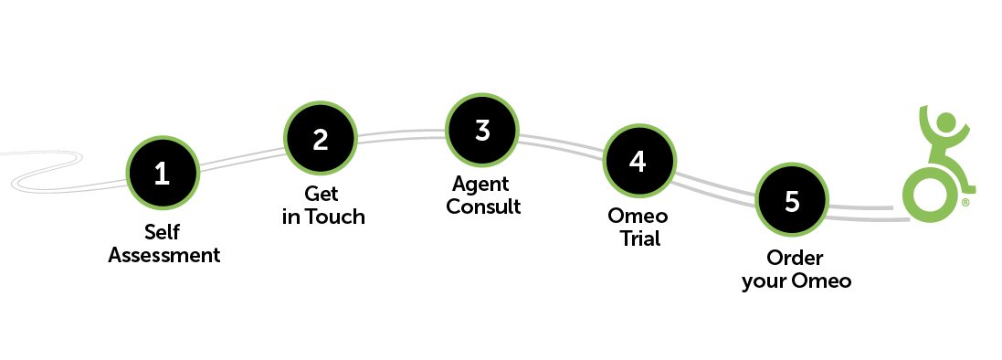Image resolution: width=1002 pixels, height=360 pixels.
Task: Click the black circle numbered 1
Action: coord(162,173)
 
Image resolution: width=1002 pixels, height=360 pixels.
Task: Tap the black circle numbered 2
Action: coord(320,139)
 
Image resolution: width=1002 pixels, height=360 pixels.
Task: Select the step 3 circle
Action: coord(482,130)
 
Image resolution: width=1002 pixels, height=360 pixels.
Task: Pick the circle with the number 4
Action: coord(638,161)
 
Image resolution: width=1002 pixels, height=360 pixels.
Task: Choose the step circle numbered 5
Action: coord(792,200)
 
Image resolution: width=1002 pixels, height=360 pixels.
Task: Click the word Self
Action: coord(163,232)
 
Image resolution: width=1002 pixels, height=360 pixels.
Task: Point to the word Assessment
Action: coord(164,255)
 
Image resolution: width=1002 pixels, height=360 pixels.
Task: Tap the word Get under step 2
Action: coord(321,194)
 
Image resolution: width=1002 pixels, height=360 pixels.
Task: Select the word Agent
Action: coord(481,184)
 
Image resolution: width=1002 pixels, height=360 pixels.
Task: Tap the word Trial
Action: coord(638,239)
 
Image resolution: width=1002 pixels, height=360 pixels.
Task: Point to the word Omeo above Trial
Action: coord(638,217)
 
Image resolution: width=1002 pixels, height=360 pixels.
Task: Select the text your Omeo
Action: coord(796,281)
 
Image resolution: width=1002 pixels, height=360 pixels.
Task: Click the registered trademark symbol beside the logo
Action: coord(965,203)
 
